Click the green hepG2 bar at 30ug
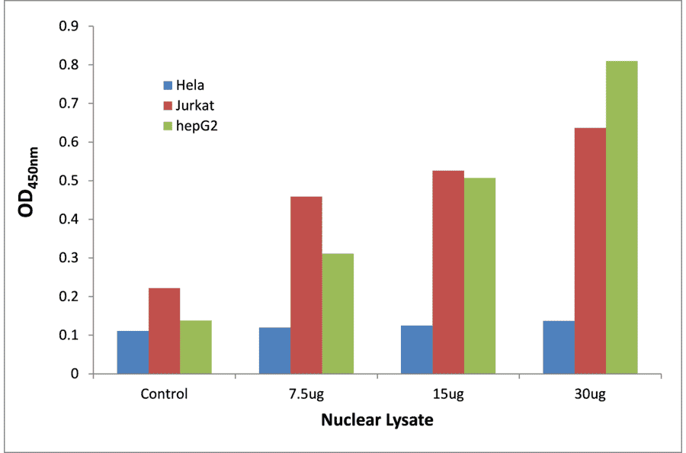622,217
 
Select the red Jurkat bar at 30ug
590,251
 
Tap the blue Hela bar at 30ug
559,348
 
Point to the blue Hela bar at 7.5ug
274,351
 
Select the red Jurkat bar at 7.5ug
306,285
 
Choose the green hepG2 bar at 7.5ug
338,313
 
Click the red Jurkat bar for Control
165,331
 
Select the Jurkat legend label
191,104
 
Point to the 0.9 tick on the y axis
71,27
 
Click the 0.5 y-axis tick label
71,181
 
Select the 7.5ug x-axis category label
306,394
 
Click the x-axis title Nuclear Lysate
377,420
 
